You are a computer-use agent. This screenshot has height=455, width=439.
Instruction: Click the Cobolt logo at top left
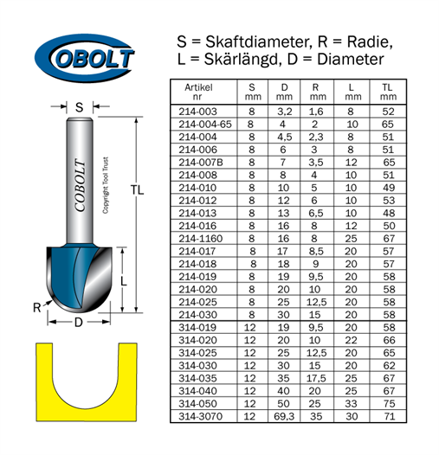click(x=84, y=58)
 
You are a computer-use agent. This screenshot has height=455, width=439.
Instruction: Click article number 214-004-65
click(x=205, y=125)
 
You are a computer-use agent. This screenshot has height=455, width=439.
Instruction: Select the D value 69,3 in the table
click(x=284, y=416)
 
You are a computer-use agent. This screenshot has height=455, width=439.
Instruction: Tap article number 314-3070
click(x=200, y=416)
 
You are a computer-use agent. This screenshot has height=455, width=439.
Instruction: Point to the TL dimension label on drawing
click(x=137, y=190)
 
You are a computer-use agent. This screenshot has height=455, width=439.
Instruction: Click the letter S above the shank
click(x=80, y=107)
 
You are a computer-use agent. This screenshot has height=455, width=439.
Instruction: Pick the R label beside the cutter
click(x=37, y=308)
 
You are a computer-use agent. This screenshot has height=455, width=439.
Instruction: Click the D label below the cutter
click(x=79, y=322)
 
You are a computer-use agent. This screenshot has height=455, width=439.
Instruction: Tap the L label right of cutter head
click(x=124, y=281)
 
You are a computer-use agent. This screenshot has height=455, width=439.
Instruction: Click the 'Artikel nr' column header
click(x=198, y=92)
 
